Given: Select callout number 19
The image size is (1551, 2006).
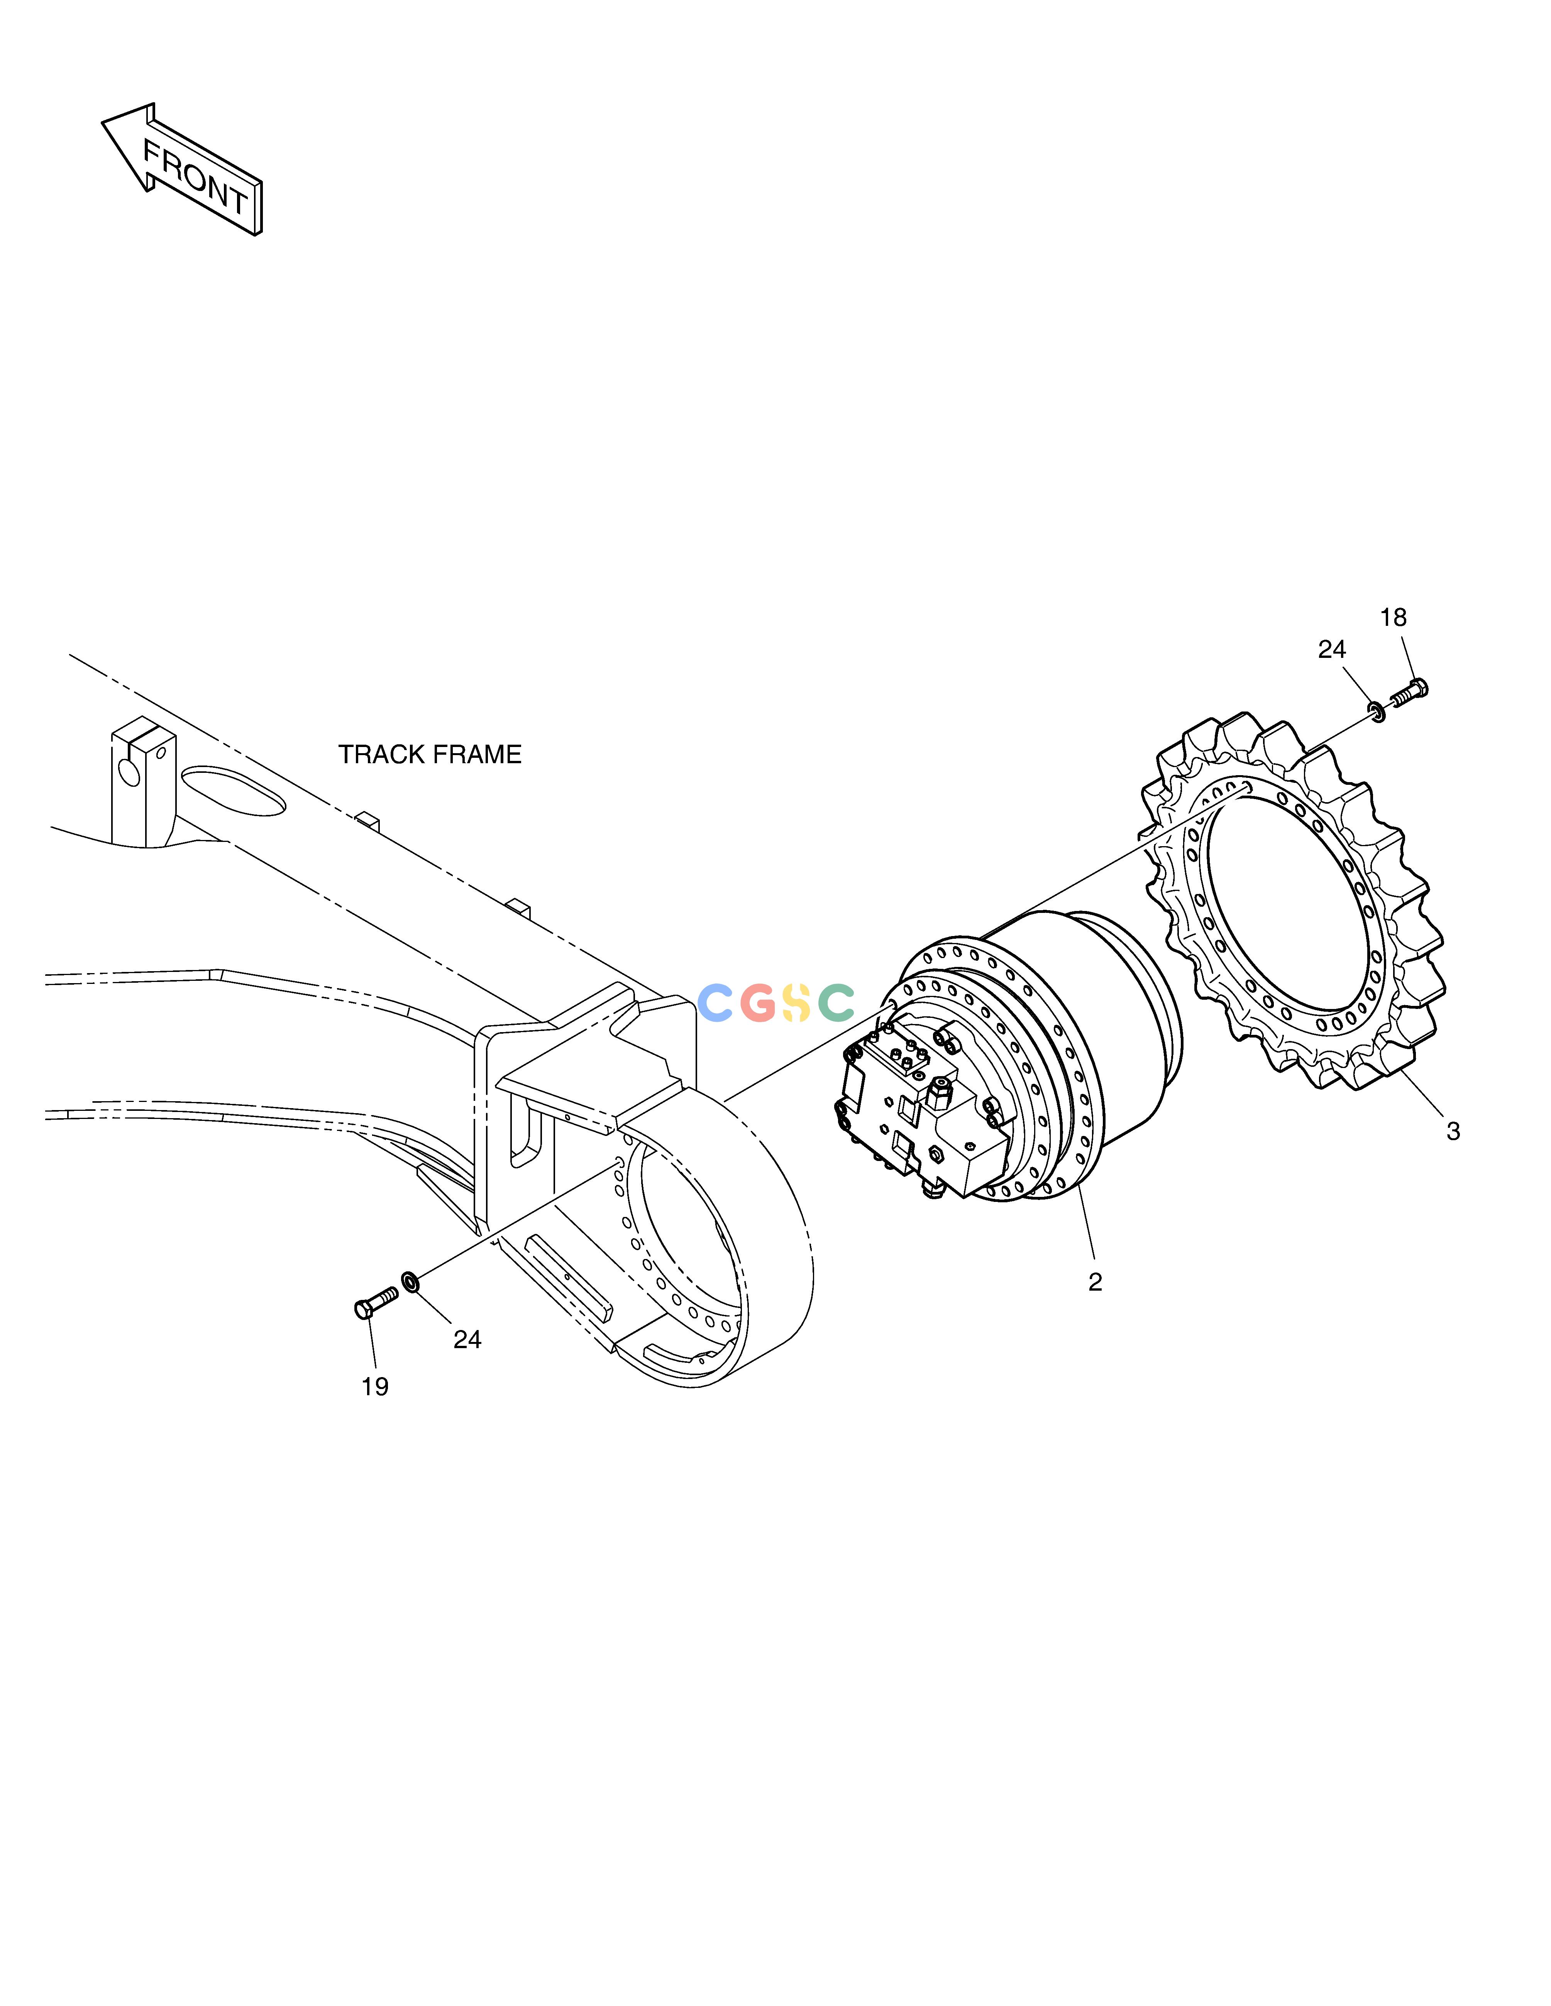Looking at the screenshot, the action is coord(375,1387).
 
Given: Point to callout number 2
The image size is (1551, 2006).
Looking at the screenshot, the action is coord(1095,1282).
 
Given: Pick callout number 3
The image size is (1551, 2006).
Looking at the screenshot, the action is coord(1453,1132).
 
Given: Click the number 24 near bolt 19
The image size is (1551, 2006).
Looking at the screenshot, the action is coord(467,1340).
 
